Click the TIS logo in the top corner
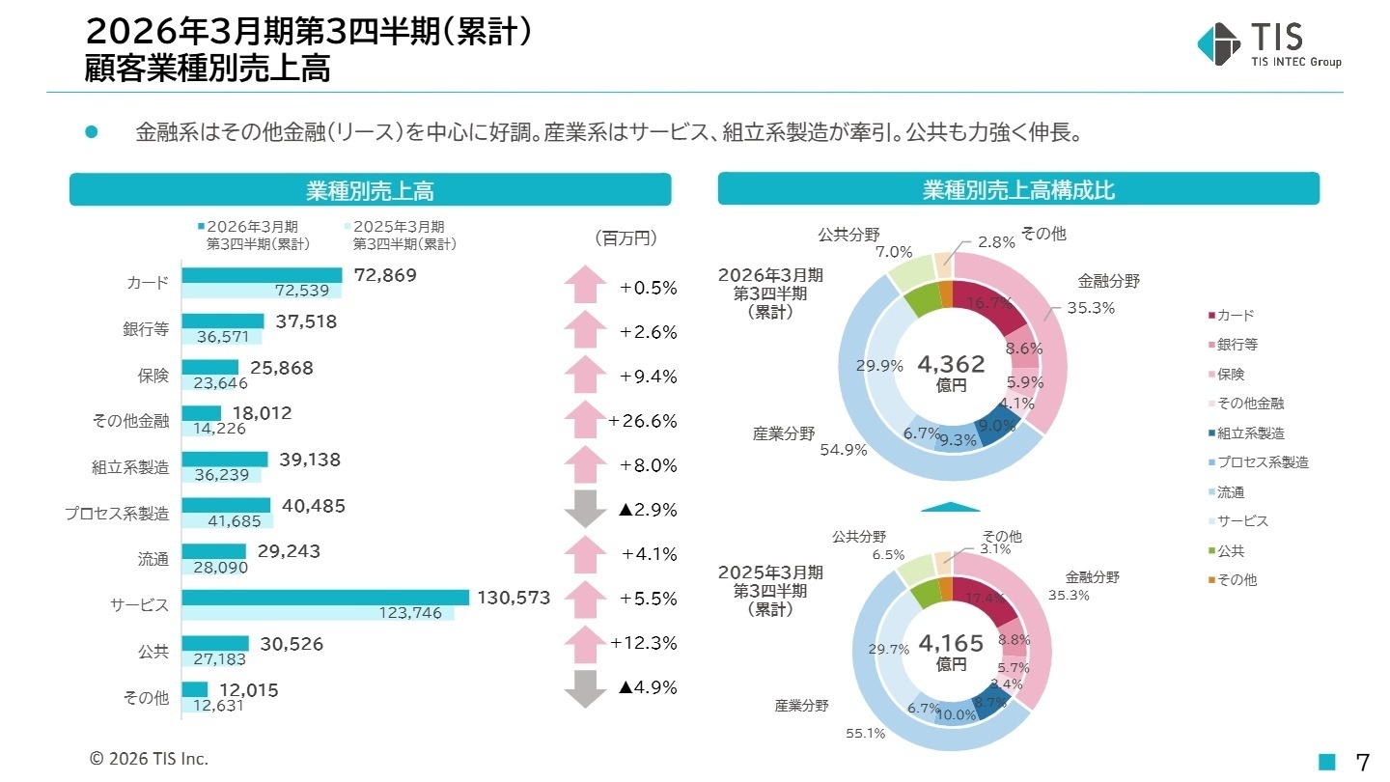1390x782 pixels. click(x=1267, y=44)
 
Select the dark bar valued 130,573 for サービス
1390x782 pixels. click(x=324, y=598)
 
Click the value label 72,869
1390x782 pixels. click(x=385, y=275)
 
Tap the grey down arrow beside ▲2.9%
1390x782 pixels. click(x=585, y=510)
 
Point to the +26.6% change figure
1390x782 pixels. click(x=643, y=421)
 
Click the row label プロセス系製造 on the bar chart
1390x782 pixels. click(x=117, y=514)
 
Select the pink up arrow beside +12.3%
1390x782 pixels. click(x=585, y=643)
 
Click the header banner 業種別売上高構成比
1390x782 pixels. click(x=1018, y=190)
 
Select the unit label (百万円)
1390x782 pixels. click(x=624, y=237)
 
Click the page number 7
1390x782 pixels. click(x=1362, y=762)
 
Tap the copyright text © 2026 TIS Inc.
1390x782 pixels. click(x=149, y=759)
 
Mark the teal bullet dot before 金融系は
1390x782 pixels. click(x=93, y=132)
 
